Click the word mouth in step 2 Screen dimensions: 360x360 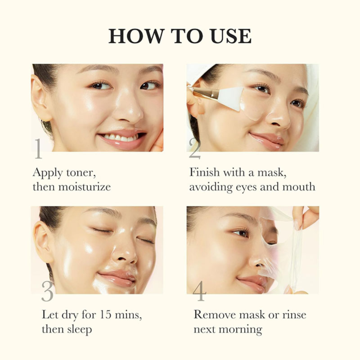pyautogui.click(x=299, y=186)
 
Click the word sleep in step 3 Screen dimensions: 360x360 pyautogui.click(x=77, y=328)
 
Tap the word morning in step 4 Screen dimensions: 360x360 pyautogui.click(x=240, y=328)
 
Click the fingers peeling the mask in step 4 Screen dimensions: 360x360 pyautogui.click(x=306, y=216)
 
